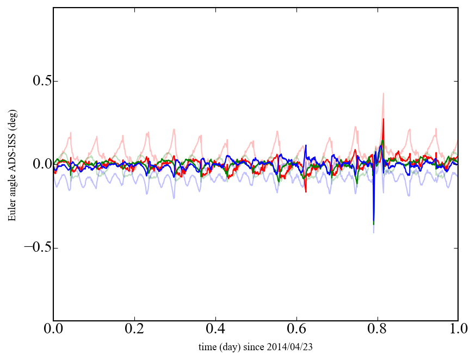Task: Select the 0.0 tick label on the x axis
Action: click(53, 330)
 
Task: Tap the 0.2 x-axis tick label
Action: click(134, 330)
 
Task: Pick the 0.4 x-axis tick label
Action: click(215, 330)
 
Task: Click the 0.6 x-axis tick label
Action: click(296, 330)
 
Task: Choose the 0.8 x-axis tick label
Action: click(378, 330)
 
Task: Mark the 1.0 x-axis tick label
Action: click(458, 330)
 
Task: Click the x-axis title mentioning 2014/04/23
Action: click(256, 346)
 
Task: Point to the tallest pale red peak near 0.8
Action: click(384, 94)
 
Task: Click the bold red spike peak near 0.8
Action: click(384, 119)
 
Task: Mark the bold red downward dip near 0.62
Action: click(306, 191)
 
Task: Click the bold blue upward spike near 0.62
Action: click(306, 146)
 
